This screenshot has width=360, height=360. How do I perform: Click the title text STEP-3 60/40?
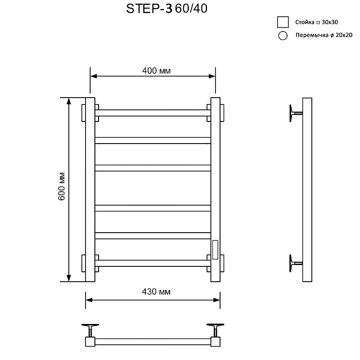tap(166, 9)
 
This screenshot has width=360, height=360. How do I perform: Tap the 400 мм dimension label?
tap(156, 71)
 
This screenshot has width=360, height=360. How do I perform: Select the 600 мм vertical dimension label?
tap(62, 186)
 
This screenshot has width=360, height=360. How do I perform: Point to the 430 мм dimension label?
tap(156, 292)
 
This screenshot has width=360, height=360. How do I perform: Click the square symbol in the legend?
tap(283, 22)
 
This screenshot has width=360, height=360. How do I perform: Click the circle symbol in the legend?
tap(283, 36)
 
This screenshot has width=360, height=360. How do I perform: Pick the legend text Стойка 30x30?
tap(317, 22)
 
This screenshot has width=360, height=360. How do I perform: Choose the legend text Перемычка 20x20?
tap(324, 35)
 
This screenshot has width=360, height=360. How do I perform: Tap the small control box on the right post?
tap(215, 250)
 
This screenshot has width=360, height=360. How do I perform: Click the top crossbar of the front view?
tap(153, 113)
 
